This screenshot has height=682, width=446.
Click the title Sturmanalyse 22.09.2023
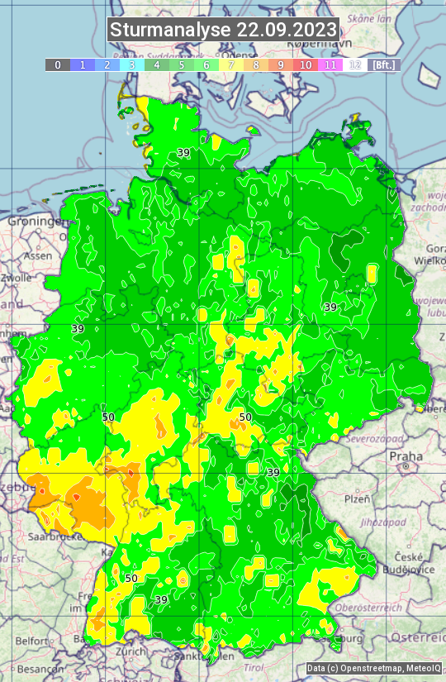click(223, 30)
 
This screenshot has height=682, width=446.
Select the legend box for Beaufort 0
click(58, 64)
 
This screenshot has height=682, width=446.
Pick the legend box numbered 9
click(281, 64)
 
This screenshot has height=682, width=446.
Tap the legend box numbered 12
click(355, 64)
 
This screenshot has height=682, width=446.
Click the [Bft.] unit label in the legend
click(384, 64)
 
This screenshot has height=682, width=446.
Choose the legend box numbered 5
click(182, 64)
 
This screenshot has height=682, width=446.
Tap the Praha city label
click(406, 455)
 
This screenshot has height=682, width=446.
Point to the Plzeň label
click(357, 499)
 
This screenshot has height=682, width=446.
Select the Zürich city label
click(131, 651)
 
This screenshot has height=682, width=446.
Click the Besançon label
click(37, 668)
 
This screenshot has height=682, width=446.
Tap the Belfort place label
click(31, 641)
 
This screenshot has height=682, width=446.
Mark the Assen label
click(37, 256)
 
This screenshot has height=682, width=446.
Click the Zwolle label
click(16, 278)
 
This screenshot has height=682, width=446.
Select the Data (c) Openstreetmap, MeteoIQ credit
click(374, 668)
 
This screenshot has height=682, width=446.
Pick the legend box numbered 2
click(107, 64)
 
